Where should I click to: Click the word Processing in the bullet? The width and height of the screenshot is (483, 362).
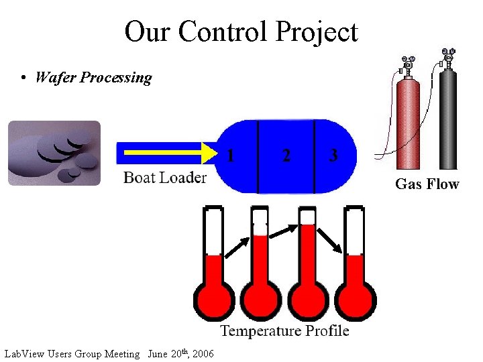115,78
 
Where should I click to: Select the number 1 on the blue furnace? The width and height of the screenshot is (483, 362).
231,156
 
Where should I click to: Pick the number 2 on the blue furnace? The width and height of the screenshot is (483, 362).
286,156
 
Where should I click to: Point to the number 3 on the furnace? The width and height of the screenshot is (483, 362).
333,156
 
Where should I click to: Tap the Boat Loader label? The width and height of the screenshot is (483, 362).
164,178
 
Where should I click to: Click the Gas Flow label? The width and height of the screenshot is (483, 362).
427,184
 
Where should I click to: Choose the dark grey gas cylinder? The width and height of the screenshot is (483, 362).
447,121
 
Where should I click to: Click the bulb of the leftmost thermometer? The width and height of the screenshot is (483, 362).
214,300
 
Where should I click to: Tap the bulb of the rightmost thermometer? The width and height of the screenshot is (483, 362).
356,300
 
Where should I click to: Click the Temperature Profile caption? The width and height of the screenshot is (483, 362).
284,330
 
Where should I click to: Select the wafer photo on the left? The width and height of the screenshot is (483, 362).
54,153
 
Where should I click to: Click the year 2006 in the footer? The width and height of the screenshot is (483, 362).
203,354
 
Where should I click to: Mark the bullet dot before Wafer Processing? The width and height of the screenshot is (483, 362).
23,78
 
